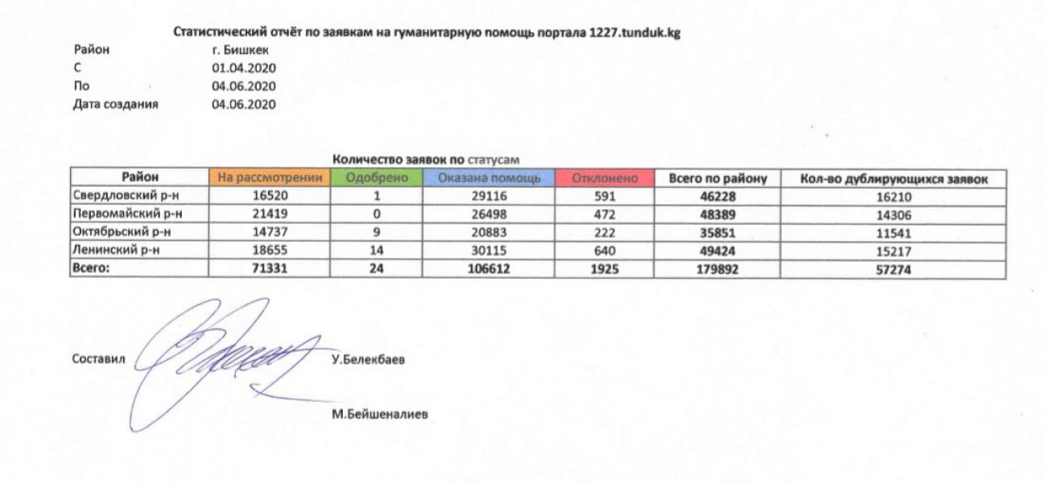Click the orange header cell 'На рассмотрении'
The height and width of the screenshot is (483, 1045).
[x=269, y=178]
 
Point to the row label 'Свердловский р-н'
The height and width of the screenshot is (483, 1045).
[x=114, y=196]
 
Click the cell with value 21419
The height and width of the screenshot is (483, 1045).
[x=269, y=214]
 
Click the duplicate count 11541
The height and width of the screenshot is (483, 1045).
[x=893, y=232]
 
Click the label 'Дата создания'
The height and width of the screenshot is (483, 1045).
[x=115, y=104]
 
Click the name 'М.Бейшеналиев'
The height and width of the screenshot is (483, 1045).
[x=379, y=415]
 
